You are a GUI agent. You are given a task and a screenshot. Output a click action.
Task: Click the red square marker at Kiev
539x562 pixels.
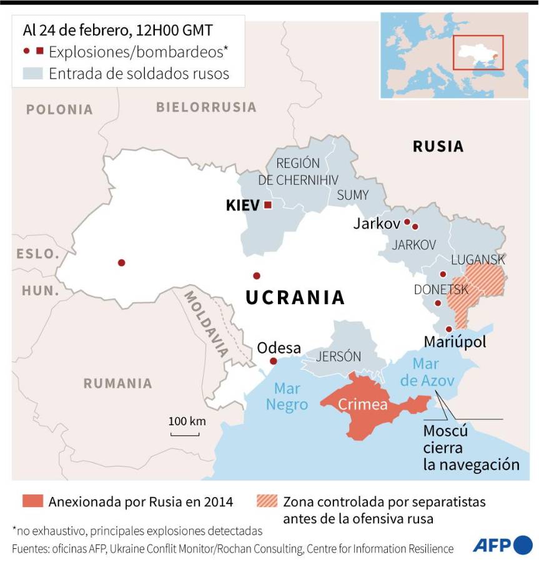pos(268,205)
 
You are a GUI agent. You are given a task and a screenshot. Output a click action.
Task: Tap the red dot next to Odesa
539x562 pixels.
pos(273,361)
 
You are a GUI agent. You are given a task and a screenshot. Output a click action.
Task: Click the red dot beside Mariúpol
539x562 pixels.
pos(448,329)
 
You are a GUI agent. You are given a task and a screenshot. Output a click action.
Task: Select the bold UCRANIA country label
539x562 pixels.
pos(295,297)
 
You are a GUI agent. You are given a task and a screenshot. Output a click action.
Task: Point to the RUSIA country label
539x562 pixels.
pos(438,147)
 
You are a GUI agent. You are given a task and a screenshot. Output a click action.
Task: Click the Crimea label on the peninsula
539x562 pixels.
pos(363,405)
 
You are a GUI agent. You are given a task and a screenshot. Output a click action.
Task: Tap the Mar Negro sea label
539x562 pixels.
pos(287,396)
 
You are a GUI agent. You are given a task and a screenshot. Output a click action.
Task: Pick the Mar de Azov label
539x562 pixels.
pos(428,372)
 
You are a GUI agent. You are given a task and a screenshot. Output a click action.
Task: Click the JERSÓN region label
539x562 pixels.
pos(339,357)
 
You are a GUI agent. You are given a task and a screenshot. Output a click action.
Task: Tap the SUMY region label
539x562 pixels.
pos(353,195)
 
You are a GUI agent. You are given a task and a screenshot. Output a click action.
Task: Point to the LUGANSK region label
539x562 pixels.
pos(478,259)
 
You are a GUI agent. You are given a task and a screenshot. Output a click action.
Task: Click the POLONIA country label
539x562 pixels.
pos(59,110)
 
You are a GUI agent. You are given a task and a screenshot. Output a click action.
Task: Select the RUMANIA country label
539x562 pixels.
pos(117,383)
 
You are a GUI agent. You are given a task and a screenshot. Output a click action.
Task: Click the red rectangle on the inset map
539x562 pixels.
pos(478,54)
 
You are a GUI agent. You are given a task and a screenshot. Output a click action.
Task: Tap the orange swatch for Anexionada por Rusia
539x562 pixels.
pos(32,501)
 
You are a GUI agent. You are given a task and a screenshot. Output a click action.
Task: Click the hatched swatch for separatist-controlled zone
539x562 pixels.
pos(267,501)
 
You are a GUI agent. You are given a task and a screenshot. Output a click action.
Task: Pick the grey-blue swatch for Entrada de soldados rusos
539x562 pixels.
pos(32,73)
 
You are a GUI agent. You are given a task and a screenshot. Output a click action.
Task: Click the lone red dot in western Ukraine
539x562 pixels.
pos(121,262)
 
